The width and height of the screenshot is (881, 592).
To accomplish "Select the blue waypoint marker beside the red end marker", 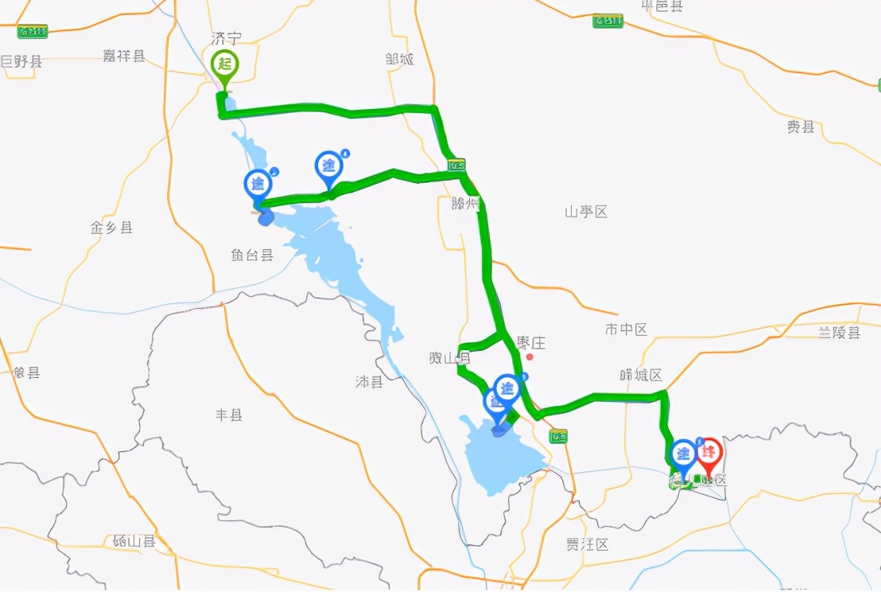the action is pos(683,456).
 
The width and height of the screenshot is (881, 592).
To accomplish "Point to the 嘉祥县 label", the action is pos(124,56).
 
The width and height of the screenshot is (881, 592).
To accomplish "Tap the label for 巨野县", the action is pos(21,61).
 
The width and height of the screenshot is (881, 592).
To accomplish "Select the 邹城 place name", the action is pos(399,59).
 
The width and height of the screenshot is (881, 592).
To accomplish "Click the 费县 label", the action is pos(801,127).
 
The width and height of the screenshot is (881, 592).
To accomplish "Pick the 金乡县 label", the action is pos(111,228).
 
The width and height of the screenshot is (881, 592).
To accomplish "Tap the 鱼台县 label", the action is pos(252,255).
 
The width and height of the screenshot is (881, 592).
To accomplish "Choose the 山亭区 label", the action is pos(586,212).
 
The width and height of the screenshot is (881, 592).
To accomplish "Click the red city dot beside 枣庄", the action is pos(529,356).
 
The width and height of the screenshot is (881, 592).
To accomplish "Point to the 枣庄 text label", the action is pos(530,343).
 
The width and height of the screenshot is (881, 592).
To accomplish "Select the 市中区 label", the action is pos(626,329).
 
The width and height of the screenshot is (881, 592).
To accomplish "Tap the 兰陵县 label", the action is pos(839,333).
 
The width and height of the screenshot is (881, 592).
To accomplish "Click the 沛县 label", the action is pos(369,382).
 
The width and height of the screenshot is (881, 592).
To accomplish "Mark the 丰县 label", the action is pos(229,415).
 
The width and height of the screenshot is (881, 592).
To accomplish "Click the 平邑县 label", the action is pos(662,6).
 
